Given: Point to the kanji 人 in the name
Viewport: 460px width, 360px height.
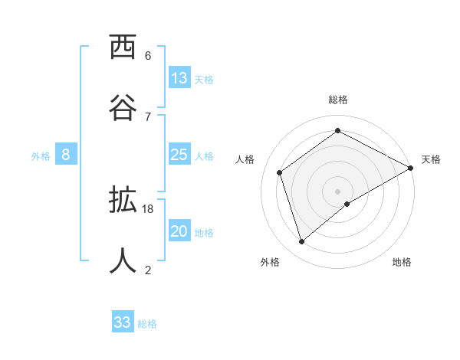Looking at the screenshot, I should (123, 260).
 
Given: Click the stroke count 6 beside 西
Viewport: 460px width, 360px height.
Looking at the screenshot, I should (148, 56).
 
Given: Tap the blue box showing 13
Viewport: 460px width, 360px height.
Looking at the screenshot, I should (179, 78).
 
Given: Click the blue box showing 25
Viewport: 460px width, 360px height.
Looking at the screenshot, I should (179, 155).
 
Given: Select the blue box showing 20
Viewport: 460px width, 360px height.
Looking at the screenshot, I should (179, 231).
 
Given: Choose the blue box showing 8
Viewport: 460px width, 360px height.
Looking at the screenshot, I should (66, 155).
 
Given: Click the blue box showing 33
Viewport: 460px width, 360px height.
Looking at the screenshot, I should (123, 322).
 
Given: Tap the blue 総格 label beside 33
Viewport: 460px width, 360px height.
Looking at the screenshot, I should (147, 324).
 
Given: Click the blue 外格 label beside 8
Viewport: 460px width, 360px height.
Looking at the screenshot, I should (41, 156).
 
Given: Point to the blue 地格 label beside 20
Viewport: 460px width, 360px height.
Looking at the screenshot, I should (204, 233).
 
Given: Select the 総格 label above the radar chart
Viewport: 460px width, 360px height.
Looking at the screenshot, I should (338, 100).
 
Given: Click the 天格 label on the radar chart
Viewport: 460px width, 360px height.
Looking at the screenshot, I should (431, 159).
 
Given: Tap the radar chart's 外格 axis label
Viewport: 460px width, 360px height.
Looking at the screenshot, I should (270, 262).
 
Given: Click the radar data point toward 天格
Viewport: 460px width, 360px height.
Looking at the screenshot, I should (411, 169).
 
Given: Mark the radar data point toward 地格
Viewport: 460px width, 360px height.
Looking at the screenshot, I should (347, 204).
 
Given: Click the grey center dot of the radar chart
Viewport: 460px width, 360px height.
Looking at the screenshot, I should (338, 191).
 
